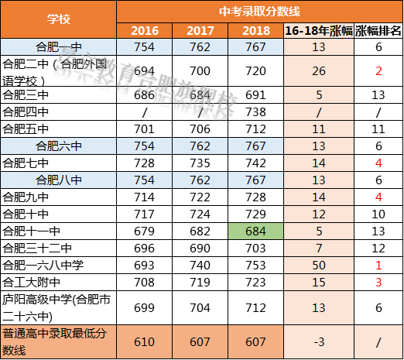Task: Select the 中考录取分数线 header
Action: coord(259,10)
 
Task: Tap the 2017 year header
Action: coord(200,31)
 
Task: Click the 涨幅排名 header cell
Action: coord(378,31)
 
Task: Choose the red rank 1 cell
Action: coord(378,266)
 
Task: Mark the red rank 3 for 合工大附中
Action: coord(378,283)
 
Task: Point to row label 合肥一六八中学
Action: coord(43,266)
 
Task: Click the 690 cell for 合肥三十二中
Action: coord(200,249)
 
